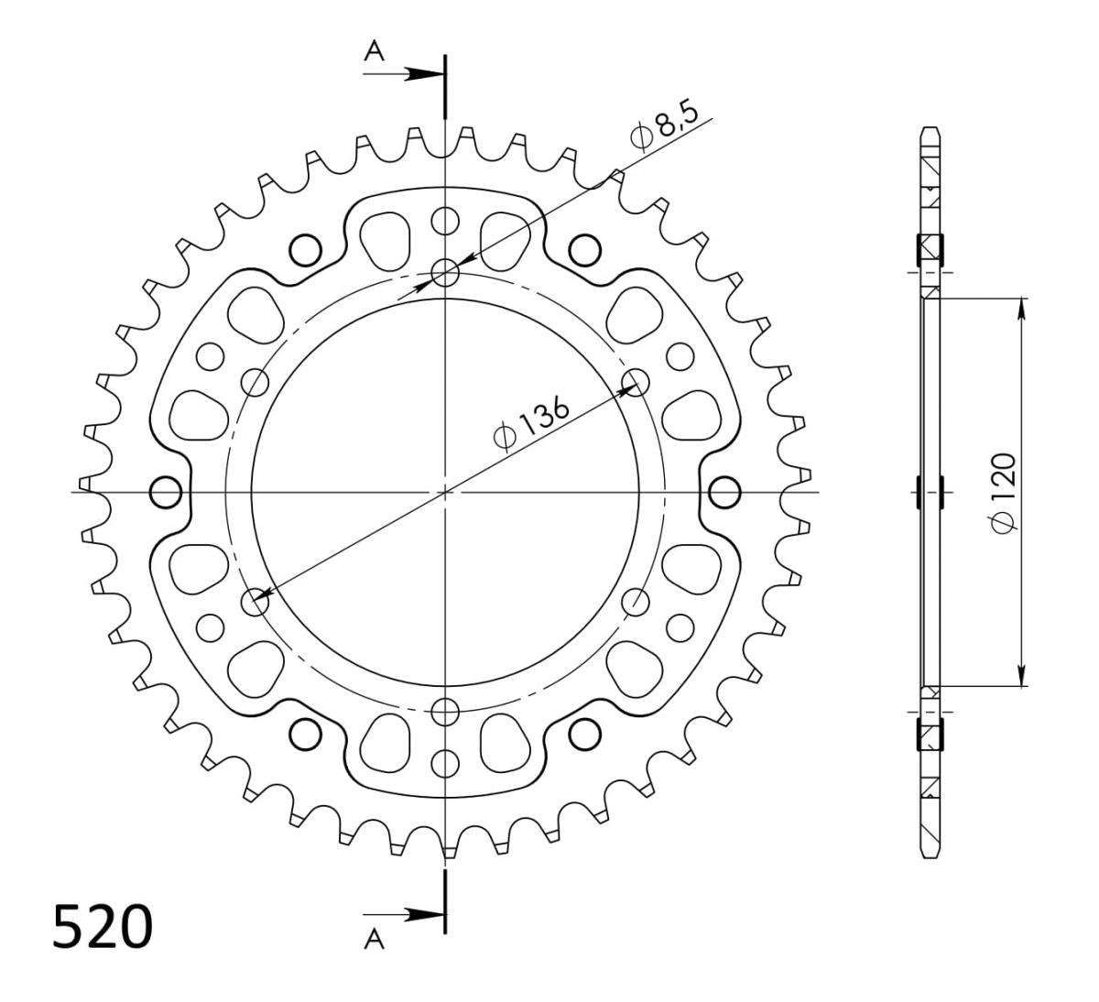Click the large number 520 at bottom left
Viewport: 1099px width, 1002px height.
coord(103,926)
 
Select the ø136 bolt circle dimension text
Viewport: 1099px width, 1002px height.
coord(531,425)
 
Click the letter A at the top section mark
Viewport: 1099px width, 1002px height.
coord(375,52)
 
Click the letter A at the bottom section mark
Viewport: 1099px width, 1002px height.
coord(375,939)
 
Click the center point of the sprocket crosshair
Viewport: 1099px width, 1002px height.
coord(445,492)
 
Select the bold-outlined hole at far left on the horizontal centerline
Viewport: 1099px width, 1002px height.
coord(166,492)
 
